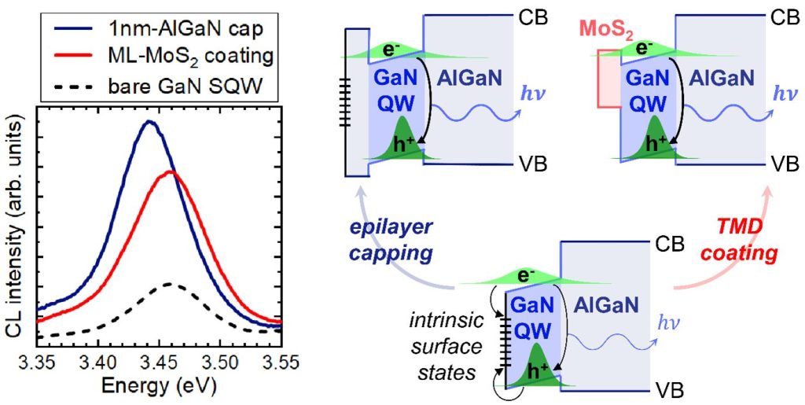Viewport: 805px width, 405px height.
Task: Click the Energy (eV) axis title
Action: coord(159,386)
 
